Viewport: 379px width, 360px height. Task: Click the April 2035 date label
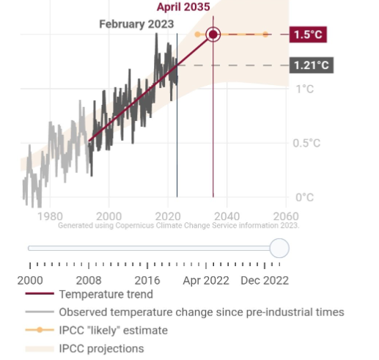pos(184,7)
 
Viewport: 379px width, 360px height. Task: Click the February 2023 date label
pos(137,24)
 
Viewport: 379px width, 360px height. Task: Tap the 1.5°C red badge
pos(309,34)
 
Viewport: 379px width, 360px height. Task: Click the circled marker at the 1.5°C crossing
pos(213,34)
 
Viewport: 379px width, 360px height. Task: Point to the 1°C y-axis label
pos(304,89)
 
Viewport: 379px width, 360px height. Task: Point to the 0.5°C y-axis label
pos(307,143)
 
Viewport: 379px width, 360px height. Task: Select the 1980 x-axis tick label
pos(49,216)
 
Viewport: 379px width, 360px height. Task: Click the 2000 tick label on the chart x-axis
pos(108,216)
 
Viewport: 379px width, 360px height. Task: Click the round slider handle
pos(279,248)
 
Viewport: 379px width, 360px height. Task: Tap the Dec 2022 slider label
pos(265,280)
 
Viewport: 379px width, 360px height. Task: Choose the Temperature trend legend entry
pos(106,295)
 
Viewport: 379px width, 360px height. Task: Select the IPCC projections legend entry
pos(101,348)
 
